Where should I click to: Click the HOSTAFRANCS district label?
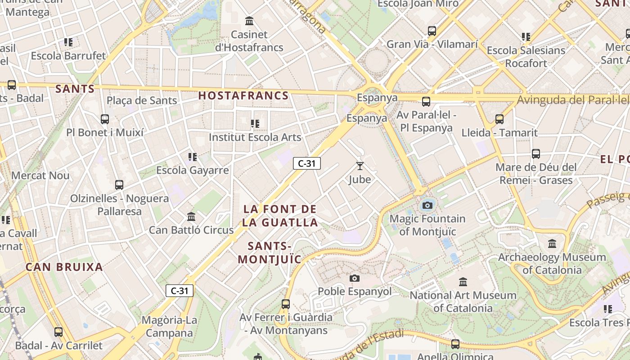point(243,95)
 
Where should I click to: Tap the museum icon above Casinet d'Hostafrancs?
point(249,21)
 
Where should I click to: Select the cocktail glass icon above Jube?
point(360,166)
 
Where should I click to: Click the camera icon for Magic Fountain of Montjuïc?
point(427,206)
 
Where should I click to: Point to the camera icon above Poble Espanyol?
point(355,278)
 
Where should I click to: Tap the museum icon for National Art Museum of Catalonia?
point(463,282)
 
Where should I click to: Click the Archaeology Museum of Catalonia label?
point(552,264)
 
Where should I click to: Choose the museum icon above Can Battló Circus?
point(191,217)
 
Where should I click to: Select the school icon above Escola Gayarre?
point(193,157)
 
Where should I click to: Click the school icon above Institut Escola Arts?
point(255,123)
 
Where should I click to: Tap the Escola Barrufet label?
point(68,56)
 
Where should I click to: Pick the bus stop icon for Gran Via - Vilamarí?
point(432,31)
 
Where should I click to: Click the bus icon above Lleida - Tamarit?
point(499,119)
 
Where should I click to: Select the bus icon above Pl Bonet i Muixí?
point(105,119)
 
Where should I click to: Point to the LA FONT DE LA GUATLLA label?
point(280,216)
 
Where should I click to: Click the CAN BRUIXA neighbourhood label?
point(64,267)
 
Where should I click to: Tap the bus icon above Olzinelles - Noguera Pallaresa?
point(119,185)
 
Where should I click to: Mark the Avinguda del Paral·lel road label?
point(572,100)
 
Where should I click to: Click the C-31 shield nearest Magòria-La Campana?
point(180,291)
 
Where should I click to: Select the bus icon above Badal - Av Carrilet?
point(58,332)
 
